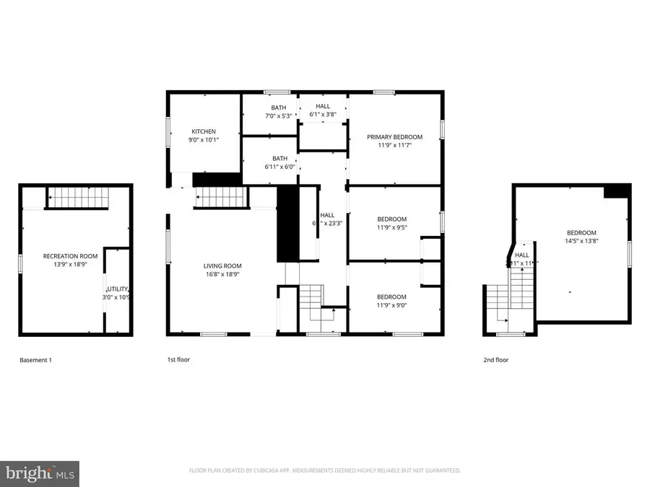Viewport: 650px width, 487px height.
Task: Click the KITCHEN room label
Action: tap(203, 131)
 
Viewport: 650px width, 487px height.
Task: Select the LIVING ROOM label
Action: tap(222, 266)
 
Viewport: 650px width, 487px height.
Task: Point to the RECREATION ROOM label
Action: tap(70, 256)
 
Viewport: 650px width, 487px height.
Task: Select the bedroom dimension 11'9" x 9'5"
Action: tap(391, 228)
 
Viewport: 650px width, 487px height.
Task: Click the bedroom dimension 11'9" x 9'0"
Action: tap(391, 306)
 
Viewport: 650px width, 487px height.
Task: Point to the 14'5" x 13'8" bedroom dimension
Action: tap(581, 241)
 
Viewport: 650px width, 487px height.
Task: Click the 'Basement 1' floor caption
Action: tap(35, 359)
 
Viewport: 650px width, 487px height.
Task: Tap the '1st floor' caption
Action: tap(178, 359)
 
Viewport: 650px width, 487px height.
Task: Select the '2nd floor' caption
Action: tap(495, 359)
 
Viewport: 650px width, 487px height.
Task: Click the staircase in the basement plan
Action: tap(77, 197)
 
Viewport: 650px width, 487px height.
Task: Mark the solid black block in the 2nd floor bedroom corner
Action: tap(617, 190)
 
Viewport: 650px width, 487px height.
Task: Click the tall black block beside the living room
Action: tap(287, 224)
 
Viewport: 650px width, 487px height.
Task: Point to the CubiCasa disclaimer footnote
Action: tap(325, 470)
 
